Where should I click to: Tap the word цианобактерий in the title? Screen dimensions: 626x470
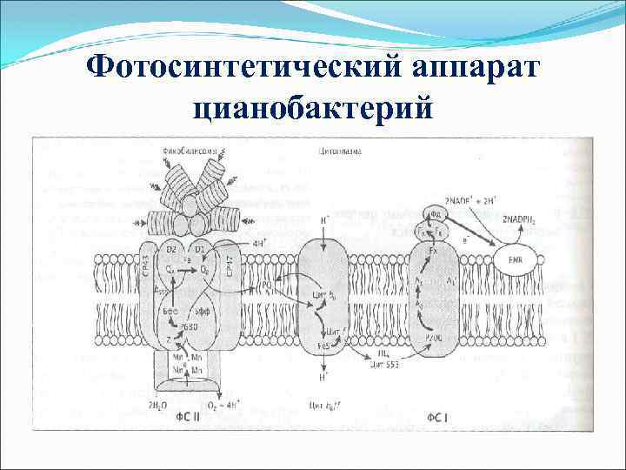pyautogui.click(x=313, y=109)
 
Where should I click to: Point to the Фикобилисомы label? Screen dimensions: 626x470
pyautogui.click(x=187, y=151)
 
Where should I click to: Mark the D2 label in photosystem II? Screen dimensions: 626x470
pyautogui.click(x=172, y=251)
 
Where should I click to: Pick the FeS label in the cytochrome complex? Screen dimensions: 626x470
pyautogui.click(x=324, y=345)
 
